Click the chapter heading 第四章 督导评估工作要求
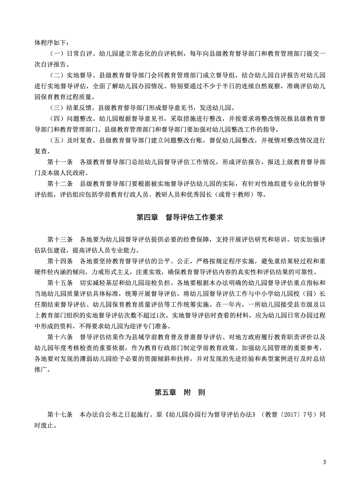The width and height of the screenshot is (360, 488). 180,217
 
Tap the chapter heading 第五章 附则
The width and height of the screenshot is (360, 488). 180,392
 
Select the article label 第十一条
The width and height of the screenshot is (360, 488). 60,162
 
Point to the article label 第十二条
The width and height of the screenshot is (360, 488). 60,184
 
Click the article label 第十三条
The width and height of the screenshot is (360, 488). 60,239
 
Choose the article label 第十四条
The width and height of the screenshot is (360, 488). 60,261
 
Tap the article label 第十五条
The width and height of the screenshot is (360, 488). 60,283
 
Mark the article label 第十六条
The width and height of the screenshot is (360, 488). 60,337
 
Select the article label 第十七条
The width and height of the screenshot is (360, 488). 60,414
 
